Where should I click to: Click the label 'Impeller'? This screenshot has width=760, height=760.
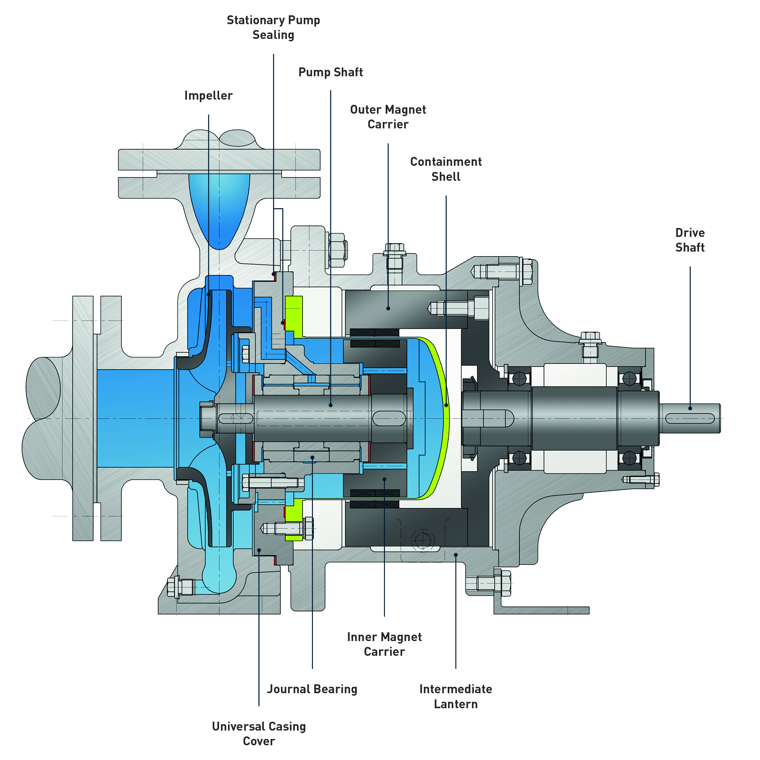[208, 96]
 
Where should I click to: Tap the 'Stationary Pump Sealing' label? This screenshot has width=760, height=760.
[273, 28]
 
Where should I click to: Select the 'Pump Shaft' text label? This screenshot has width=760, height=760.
[330, 72]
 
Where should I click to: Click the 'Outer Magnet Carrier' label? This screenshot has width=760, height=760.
[388, 117]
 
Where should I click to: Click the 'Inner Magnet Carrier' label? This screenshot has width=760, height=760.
[384, 644]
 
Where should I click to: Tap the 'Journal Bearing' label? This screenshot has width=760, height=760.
[312, 689]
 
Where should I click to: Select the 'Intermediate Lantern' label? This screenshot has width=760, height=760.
[455, 697]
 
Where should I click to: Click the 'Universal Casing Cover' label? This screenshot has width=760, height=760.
[259, 734]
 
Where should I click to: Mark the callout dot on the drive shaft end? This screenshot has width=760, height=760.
[690, 408]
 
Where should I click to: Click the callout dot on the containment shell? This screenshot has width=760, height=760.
[446, 405]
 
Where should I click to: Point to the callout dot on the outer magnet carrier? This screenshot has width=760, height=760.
[388, 308]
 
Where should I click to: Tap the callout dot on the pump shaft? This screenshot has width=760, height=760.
[330, 405]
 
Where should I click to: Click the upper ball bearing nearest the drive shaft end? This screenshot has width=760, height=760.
[629, 379]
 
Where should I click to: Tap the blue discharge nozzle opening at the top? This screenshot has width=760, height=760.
[219, 208]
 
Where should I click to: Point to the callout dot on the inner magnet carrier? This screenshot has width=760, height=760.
[384, 479]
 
